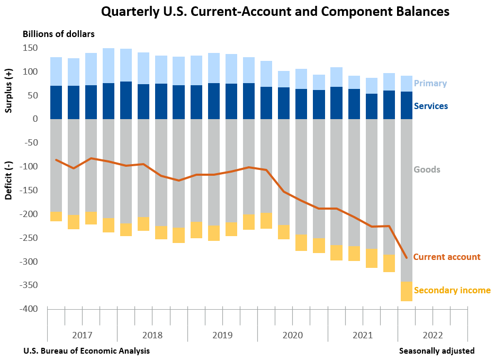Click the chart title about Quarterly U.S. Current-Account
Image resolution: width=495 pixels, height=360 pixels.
(275, 11)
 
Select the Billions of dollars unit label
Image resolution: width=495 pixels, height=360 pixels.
(59, 34)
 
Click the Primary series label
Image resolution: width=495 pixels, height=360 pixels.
(430, 83)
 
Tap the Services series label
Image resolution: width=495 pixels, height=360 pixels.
(430, 106)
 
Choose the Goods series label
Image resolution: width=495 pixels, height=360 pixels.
(427, 169)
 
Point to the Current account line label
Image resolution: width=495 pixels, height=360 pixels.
(446, 257)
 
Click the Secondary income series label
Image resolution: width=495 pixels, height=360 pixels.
(452, 290)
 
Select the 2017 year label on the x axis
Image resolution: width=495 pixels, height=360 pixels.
(82, 335)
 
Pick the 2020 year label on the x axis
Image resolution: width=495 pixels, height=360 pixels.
(292, 335)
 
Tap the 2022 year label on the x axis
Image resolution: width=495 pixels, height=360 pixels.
(433, 335)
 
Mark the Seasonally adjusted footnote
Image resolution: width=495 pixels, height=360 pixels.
(436, 350)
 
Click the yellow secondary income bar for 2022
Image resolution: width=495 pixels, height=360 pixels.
(406, 291)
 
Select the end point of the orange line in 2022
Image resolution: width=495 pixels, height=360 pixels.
(406, 258)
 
